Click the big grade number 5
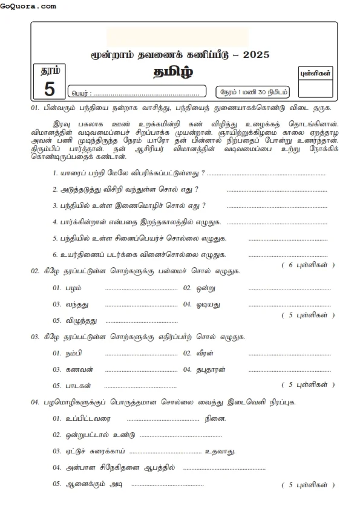[x=50, y=90]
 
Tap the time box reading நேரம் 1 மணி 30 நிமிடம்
[x=253, y=92]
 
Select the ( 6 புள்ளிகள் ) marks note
[x=308, y=265]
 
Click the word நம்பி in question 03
[x=74, y=352]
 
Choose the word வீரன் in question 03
[x=207, y=352]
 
